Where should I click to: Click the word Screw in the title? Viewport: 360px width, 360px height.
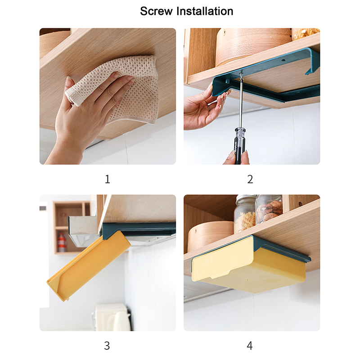(156, 11)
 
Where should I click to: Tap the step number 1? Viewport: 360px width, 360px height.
(108, 179)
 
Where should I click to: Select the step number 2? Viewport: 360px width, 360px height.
(250, 179)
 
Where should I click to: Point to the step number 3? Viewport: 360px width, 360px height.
(107, 346)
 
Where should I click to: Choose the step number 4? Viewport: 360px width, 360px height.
(250, 346)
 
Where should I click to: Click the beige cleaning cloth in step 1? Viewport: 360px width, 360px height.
(117, 87)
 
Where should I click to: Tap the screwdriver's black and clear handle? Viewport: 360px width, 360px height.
(239, 146)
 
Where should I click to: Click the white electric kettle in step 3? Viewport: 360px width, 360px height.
(113, 317)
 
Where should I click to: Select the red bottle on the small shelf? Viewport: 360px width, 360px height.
(62, 243)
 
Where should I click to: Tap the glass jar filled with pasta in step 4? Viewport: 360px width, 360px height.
(245, 213)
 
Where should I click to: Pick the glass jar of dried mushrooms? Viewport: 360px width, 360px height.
(269, 209)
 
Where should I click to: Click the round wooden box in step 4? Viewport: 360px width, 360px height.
(210, 237)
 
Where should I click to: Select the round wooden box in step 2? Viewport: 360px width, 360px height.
(252, 46)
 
